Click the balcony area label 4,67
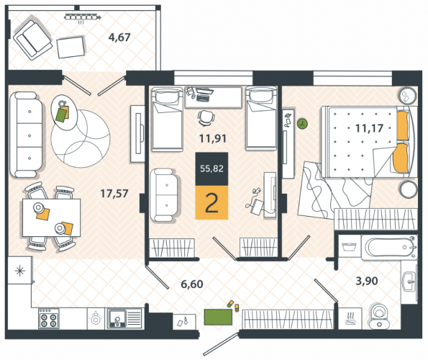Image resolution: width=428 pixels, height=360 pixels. point(119,37)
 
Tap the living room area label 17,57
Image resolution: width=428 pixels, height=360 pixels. point(114,194)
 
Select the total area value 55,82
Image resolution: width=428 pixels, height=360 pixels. point(211,168)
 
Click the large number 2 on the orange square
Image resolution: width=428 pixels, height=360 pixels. point(211,203)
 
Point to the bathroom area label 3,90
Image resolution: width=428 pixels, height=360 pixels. point(367,281)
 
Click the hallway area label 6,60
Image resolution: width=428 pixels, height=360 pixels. point(192,284)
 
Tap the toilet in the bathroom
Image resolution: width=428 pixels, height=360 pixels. point(379,317)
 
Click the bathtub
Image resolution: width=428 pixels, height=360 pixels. point(389,247)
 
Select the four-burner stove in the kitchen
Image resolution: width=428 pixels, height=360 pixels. point(49,318)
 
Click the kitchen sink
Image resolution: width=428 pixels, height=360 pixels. point(117,318)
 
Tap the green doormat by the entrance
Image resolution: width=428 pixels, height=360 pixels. point(218,317)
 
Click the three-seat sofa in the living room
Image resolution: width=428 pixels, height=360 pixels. point(26,135)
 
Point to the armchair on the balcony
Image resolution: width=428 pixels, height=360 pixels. point(33,40)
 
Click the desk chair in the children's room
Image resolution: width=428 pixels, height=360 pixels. point(206,118)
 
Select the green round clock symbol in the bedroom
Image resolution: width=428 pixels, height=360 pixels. point(302,125)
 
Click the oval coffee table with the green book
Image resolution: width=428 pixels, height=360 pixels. point(64,112)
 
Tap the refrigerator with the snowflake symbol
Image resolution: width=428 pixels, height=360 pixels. point(20,271)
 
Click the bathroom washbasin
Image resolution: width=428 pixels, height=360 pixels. point(409,282)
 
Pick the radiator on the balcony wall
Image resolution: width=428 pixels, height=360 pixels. point(82,18)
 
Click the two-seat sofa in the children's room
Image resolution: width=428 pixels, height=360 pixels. point(165,194)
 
